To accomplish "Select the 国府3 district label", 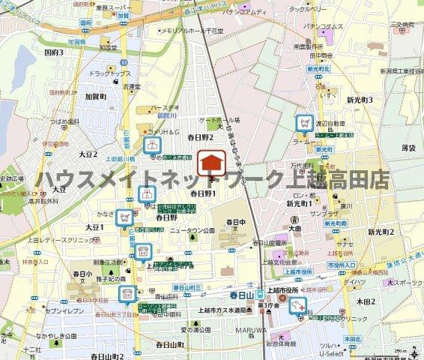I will click(x=54, y=53).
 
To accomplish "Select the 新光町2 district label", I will click(x=381, y=232).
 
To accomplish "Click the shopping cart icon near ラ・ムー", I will click(x=305, y=122).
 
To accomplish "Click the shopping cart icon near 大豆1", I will click(x=125, y=217).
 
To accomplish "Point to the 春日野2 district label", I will click(x=200, y=137).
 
